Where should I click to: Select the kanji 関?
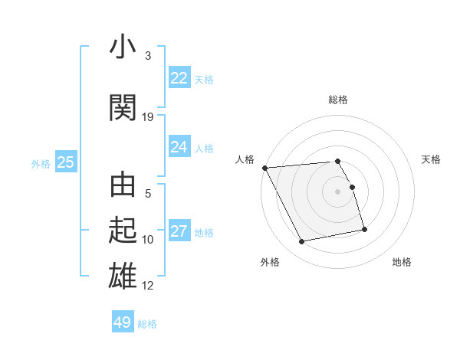[123, 107]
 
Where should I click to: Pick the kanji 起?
[123, 231]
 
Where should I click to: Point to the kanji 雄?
[123, 276]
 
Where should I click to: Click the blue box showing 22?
[179, 78]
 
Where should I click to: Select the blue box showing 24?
[179, 147]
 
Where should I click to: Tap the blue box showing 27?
[179, 231]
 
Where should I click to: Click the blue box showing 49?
[123, 322]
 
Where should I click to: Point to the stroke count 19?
[148, 117]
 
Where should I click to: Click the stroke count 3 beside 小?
[148, 56]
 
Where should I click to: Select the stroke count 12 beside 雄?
[148, 286]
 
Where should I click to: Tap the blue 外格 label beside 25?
[41, 163]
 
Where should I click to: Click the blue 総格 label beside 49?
[148, 324]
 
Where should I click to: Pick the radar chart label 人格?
[245, 159]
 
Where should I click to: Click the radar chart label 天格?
[432, 159]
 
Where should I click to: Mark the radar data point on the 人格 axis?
[264, 168]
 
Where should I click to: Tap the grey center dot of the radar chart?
[338, 191]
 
